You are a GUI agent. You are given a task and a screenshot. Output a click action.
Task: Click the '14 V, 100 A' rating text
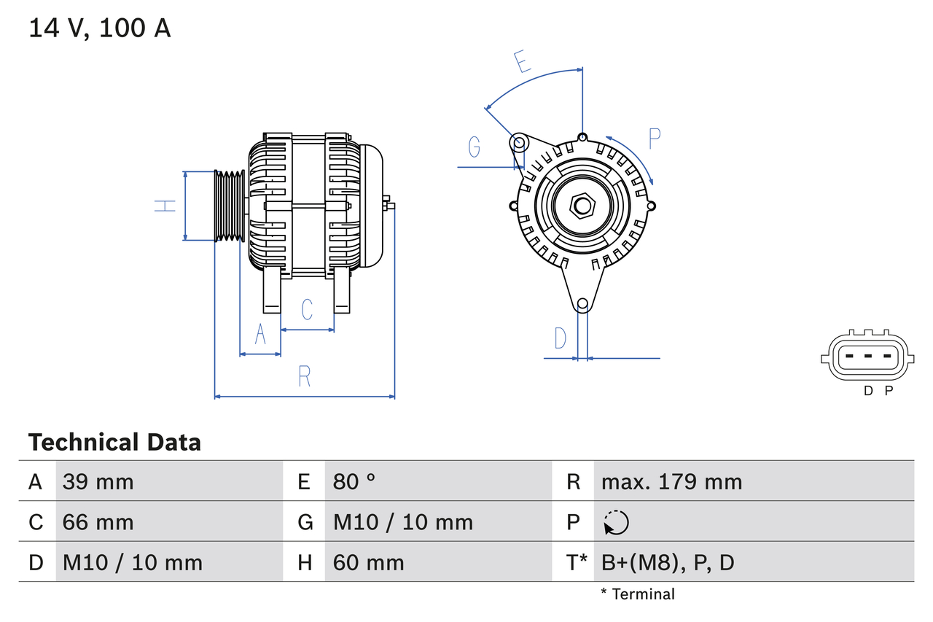100,28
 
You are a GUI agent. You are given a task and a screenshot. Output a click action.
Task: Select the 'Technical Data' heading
114,443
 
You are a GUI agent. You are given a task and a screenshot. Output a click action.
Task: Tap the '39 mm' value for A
98,481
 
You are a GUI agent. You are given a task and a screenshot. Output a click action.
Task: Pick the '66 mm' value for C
98,522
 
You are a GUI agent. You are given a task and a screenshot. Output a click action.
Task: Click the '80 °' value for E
354,481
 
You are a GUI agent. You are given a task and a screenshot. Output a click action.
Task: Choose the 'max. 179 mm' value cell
671,481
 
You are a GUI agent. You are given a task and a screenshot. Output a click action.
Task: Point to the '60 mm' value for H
368,562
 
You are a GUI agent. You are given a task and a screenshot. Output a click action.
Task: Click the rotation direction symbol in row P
616,522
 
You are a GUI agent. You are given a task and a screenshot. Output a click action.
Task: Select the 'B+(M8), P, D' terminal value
668,562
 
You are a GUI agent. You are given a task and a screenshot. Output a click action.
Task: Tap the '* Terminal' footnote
638,594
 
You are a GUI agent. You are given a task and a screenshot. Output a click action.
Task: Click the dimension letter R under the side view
305,376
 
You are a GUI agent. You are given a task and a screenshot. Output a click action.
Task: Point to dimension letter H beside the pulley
166,206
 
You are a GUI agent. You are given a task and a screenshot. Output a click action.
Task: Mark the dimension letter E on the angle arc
522,62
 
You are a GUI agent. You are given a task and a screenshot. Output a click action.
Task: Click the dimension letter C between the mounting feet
307,309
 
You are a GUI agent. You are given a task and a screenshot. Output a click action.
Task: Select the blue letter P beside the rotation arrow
654,139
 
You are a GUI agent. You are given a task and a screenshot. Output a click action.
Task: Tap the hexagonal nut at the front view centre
582,206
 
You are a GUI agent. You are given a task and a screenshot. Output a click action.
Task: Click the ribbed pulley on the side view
230,206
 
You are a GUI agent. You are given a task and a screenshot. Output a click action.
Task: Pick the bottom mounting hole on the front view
582,304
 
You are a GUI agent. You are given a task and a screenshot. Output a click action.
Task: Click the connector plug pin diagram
866,357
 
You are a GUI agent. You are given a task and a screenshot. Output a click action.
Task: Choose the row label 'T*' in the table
577,562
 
